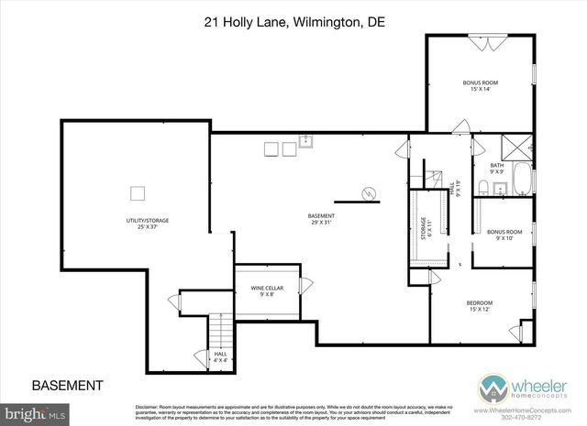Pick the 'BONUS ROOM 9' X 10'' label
tap(504, 235)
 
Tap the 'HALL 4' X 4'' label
tap(220, 356)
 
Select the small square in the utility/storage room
tap(138, 192)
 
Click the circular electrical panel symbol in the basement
tap(369, 194)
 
